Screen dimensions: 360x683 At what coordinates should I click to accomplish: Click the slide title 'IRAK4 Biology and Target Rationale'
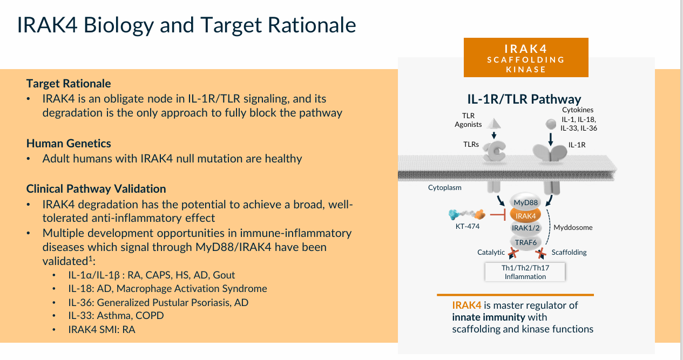186,25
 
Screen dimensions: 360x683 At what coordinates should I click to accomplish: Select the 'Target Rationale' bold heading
69,84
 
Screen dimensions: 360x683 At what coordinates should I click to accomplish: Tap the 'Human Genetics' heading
69,144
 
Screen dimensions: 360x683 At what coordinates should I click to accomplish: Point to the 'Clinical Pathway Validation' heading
96,189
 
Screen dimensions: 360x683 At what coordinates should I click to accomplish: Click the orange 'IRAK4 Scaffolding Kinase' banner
526,58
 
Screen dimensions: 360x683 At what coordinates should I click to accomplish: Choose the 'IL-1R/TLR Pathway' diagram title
524,99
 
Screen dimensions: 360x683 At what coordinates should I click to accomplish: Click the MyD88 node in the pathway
525,203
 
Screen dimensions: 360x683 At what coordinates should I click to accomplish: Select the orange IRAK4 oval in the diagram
525,216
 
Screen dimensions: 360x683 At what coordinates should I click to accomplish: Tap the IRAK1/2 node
525,228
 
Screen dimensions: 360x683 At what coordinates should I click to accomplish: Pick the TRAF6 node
525,242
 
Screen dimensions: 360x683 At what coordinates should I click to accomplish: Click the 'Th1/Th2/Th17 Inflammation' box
525,271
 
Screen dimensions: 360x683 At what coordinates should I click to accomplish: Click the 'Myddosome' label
573,227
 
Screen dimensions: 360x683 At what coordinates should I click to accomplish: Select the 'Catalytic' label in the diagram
491,252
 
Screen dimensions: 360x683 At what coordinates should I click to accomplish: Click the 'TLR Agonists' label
468,120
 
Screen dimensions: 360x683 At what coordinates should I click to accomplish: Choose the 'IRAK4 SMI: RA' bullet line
100,329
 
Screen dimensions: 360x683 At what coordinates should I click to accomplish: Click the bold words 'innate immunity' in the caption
488,317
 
